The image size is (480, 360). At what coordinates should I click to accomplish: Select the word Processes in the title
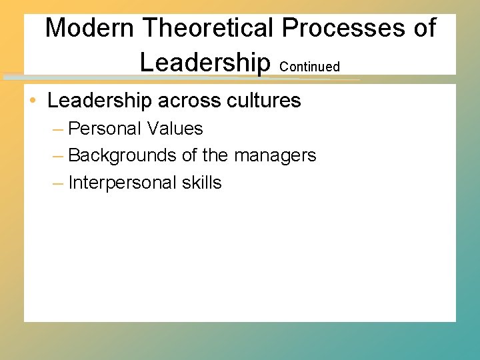click(344, 28)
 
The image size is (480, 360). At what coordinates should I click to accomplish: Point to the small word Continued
click(310, 67)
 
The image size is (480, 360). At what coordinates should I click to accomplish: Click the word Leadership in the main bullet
click(100, 101)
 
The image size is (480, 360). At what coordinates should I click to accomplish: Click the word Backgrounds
click(123, 155)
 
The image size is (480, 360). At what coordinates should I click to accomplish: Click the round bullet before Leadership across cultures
click(33, 101)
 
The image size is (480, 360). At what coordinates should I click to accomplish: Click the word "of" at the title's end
click(423, 28)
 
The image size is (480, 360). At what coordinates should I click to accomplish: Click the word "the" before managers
click(215, 155)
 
